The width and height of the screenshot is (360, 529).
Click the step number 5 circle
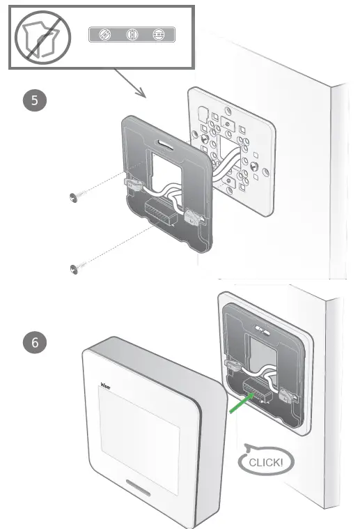[36, 100]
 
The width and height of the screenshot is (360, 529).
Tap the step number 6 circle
[36, 343]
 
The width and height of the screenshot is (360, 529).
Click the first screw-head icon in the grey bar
[104, 34]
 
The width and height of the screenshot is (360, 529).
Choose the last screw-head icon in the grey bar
[161, 34]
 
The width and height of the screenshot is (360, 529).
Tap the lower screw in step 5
[75, 268]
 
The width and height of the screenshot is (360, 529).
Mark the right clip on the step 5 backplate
[196, 217]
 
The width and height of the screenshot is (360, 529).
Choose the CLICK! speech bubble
[265, 461]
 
